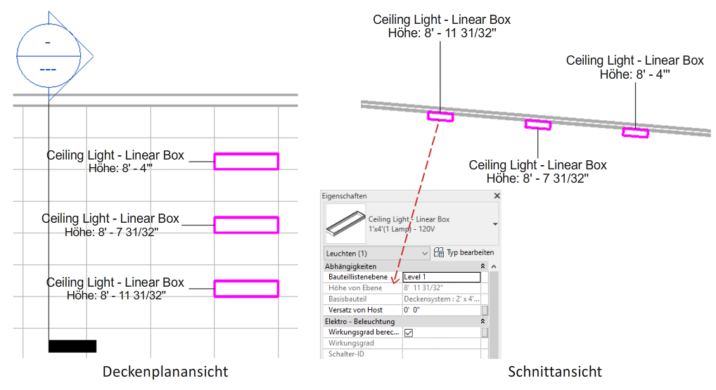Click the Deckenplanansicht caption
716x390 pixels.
tap(165, 372)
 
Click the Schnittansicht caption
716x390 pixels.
tap(555, 372)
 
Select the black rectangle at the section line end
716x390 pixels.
tap(72, 346)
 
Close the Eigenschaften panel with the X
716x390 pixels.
tap(497, 195)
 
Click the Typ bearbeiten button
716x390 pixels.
tap(464, 252)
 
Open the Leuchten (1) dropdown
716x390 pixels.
tap(377, 253)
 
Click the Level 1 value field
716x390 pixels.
tap(442, 277)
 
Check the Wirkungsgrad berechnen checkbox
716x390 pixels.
tap(409, 332)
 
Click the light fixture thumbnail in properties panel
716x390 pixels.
tap(345, 223)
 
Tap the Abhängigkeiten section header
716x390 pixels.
tap(351, 266)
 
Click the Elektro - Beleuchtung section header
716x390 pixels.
tap(360, 322)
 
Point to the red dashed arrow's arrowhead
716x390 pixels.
tap(395, 280)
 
